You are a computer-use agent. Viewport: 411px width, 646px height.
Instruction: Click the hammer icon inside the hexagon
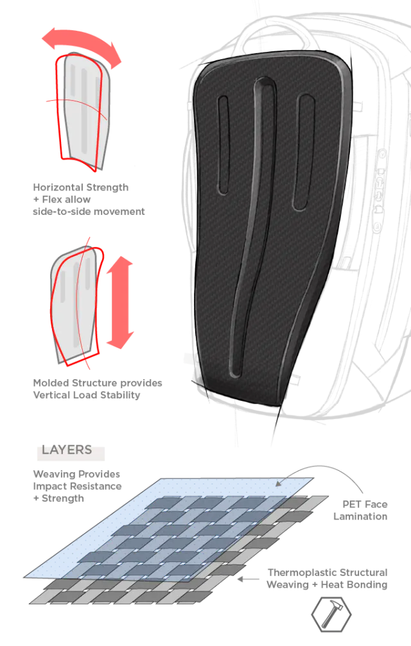pyautogui.click(x=331, y=613)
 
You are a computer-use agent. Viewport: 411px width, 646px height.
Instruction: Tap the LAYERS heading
pyautogui.click(x=67, y=450)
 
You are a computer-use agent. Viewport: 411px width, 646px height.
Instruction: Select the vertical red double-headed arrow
pyautogui.click(x=120, y=302)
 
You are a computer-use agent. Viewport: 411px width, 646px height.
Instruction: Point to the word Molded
pyautogui.click(x=51, y=383)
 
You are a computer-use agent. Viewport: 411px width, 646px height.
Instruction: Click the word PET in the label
pyautogui.click(x=352, y=504)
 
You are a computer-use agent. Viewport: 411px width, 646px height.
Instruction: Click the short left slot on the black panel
pyautogui.click(x=223, y=144)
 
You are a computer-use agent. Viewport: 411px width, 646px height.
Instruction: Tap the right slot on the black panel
pyautogui.click(x=303, y=153)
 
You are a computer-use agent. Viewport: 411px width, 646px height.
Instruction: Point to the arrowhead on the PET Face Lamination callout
pyautogui.click(x=279, y=483)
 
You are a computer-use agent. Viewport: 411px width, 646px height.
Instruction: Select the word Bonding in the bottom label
pyautogui.click(x=369, y=584)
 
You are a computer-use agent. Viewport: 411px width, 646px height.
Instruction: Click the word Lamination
pyautogui.click(x=360, y=516)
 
